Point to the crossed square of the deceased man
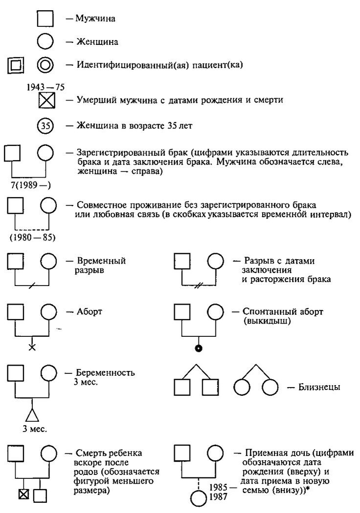tap(45, 101)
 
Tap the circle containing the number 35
tap(45, 125)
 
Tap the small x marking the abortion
tap(32, 347)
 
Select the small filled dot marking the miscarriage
tap(199, 348)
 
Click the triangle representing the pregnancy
tap(32, 414)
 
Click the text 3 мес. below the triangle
tap(32, 430)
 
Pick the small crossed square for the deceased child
tap(23, 496)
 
